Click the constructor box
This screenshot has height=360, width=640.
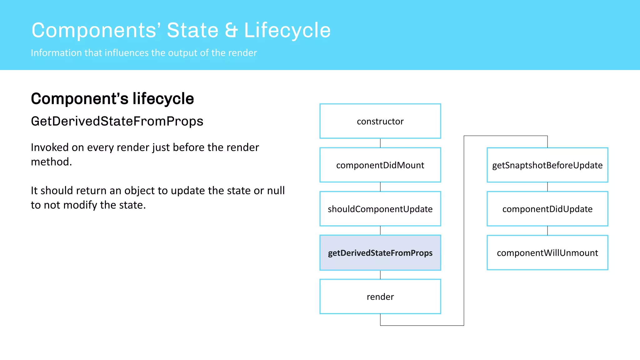380,121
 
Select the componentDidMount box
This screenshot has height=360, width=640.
380,165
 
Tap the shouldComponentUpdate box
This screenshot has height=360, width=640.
380,209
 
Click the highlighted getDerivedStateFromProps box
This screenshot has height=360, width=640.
380,252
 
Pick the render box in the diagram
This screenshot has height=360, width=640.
380,297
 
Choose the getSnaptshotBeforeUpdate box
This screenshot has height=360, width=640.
547,165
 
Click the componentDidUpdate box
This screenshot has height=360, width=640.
547,209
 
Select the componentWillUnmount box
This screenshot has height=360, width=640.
547,252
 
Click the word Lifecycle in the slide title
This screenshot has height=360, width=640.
287,30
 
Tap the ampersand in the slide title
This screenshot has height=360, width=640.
231,30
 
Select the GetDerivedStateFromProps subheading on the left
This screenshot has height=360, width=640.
117,121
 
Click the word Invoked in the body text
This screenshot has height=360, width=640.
49,147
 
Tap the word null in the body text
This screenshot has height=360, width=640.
276,190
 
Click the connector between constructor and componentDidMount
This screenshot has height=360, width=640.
380,143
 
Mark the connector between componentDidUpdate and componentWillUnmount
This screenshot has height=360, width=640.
547,231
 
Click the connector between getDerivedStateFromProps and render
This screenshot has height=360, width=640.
380,275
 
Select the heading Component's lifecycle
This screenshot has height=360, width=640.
112,99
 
